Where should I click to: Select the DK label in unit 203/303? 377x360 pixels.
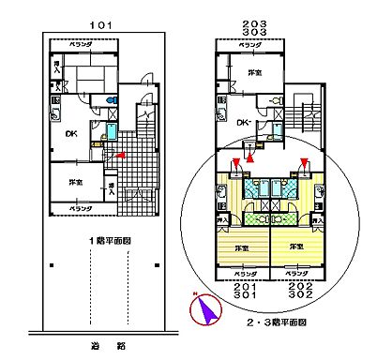[x=241, y=123]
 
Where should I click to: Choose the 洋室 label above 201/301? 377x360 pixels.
[x=241, y=247]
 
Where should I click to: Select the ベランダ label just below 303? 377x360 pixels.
[x=249, y=45]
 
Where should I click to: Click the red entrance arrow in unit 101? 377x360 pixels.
[x=119, y=153]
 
